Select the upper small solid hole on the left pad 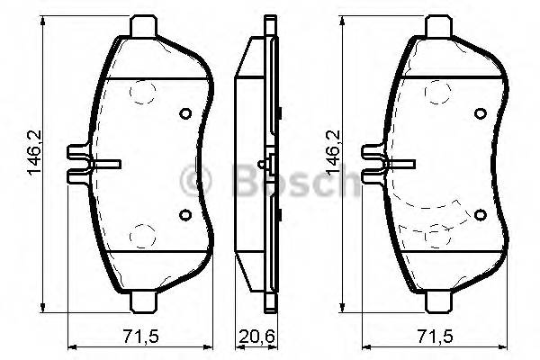[x=185, y=114]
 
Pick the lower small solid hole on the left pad [x=185, y=214]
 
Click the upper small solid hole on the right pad [x=480, y=114]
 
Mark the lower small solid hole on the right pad [x=480, y=214]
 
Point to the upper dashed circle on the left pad [x=142, y=94]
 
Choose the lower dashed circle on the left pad [x=142, y=235]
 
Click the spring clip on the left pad [x=90, y=165]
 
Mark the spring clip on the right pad [x=384, y=165]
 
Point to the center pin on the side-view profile [x=261, y=165]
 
